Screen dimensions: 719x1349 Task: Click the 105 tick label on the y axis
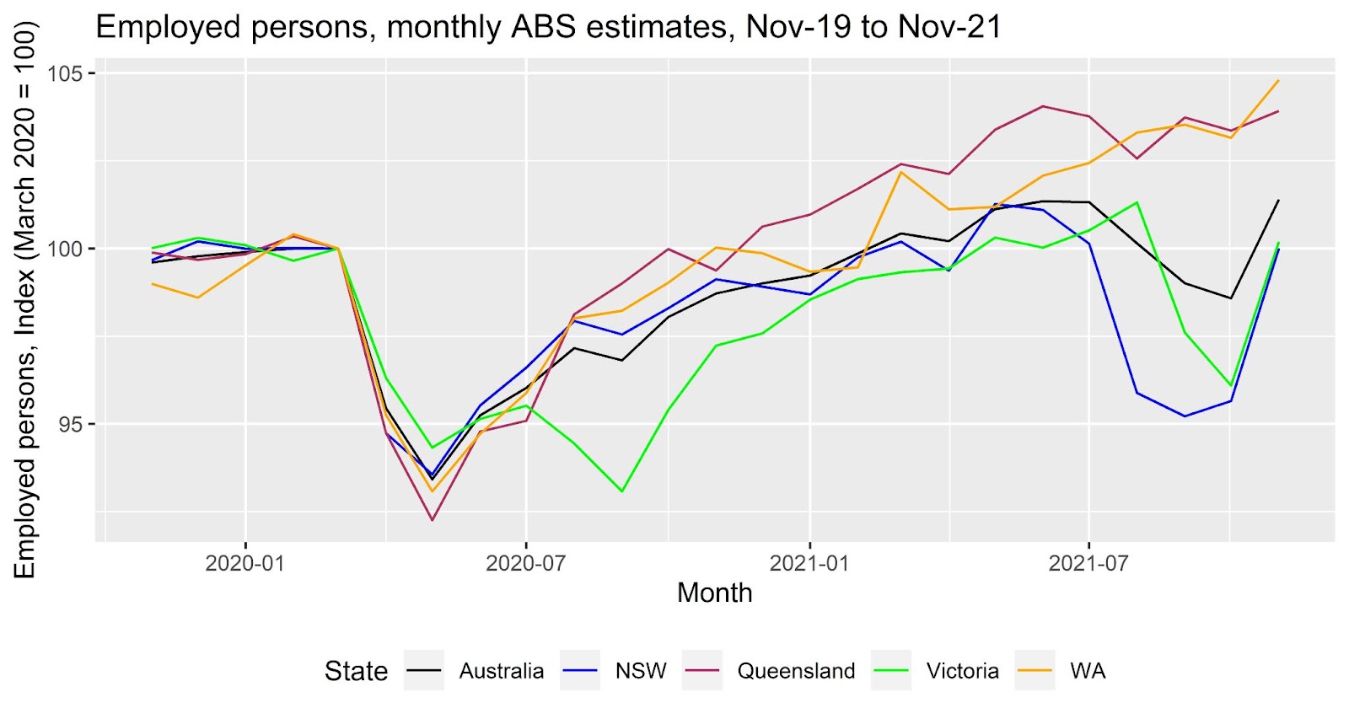click(x=65, y=73)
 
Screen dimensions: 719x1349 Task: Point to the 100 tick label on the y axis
click(x=65, y=249)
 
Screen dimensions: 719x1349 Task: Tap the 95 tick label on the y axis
click(x=71, y=424)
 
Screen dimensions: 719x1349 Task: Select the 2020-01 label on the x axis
click(x=245, y=562)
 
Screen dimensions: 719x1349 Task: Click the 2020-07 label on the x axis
click(x=525, y=562)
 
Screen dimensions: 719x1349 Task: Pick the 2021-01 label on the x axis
click(x=809, y=562)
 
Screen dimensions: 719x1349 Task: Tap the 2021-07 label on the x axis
click(x=1088, y=562)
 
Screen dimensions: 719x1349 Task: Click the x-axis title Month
click(x=714, y=593)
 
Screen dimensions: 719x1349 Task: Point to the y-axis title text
click(x=25, y=299)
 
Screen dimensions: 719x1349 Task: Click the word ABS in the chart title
click(x=544, y=27)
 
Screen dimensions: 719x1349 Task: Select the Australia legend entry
click(x=501, y=671)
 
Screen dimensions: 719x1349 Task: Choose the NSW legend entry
click(x=641, y=671)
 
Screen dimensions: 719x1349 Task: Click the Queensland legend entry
click(x=796, y=671)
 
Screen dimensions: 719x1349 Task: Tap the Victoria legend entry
click(x=962, y=671)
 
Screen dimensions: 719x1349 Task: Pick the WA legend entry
click(x=1088, y=671)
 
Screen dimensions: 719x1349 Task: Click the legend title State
click(x=356, y=671)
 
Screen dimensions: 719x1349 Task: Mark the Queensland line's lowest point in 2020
click(x=433, y=520)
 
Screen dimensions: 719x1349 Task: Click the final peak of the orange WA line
click(x=1278, y=81)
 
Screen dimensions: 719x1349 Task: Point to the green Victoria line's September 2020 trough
click(x=621, y=491)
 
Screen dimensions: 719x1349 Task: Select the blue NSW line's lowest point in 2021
click(x=1185, y=416)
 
